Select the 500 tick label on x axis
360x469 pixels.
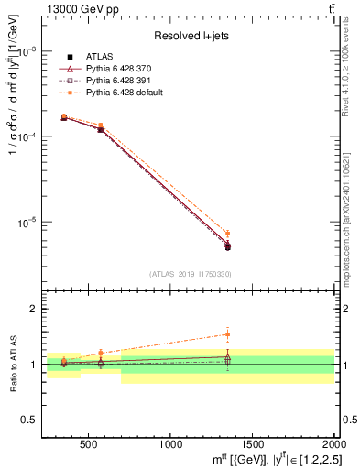coord(89,444)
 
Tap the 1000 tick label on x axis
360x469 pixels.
coord(170,444)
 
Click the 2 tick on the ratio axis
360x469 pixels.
coord(36,309)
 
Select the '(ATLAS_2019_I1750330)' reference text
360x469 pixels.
coord(190,274)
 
